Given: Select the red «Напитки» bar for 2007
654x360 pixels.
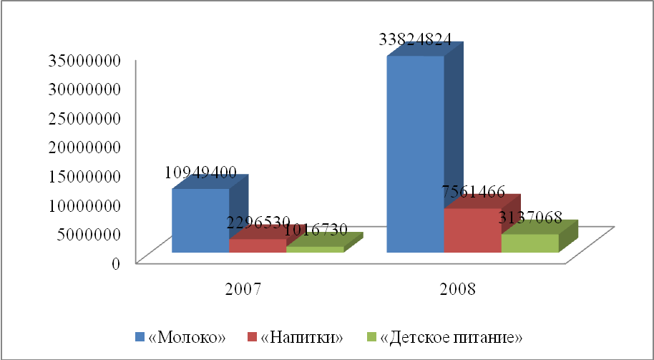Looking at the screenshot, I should point(257,245).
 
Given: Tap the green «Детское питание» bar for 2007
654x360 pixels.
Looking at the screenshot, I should point(315,249).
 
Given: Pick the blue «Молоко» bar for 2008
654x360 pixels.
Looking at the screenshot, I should point(415,154).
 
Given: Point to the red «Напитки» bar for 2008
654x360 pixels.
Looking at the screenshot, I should point(472,230).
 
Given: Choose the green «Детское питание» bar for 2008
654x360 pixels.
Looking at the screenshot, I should point(529,243).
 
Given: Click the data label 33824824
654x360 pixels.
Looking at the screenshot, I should point(416,40).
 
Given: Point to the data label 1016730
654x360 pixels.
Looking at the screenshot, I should point(316,230).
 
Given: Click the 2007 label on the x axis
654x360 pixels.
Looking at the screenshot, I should point(243,290).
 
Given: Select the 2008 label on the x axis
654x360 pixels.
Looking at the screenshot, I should point(458,290).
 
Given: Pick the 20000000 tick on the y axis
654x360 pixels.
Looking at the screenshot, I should point(83,147).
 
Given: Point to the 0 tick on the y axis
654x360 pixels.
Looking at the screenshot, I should point(114,263).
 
